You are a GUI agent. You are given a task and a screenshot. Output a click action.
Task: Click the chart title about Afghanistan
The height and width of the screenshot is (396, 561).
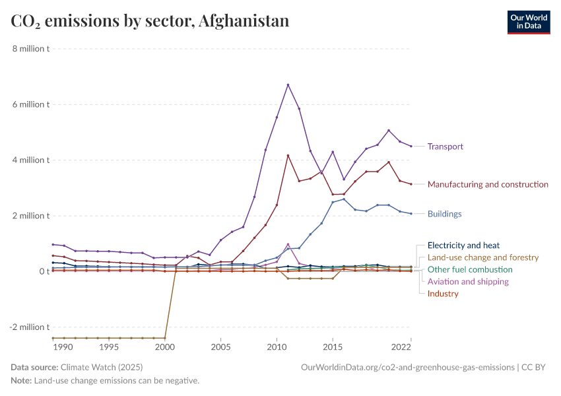[150, 21]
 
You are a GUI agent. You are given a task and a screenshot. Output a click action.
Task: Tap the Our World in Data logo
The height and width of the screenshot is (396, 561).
[528, 22]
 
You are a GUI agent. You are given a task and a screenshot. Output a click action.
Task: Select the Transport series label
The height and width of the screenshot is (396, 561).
[445, 147]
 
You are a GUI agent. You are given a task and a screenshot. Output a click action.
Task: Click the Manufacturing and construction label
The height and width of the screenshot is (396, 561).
[488, 185]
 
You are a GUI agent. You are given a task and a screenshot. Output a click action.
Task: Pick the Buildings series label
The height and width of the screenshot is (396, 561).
[444, 214]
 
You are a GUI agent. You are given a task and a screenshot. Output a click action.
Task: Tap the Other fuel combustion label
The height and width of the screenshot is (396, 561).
[470, 269]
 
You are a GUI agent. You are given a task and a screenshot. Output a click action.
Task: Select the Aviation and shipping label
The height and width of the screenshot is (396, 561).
[468, 282]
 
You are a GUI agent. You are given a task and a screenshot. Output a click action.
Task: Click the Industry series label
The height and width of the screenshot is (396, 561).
[443, 294]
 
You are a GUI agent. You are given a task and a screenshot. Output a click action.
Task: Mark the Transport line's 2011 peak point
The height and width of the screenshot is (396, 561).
[288, 84]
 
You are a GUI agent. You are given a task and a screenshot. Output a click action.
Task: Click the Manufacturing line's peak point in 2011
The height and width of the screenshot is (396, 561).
[288, 156]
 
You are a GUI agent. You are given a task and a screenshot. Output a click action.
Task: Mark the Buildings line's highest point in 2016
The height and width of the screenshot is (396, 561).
[344, 199]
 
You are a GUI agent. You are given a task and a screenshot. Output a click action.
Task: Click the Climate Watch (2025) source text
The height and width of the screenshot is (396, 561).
[101, 367]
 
